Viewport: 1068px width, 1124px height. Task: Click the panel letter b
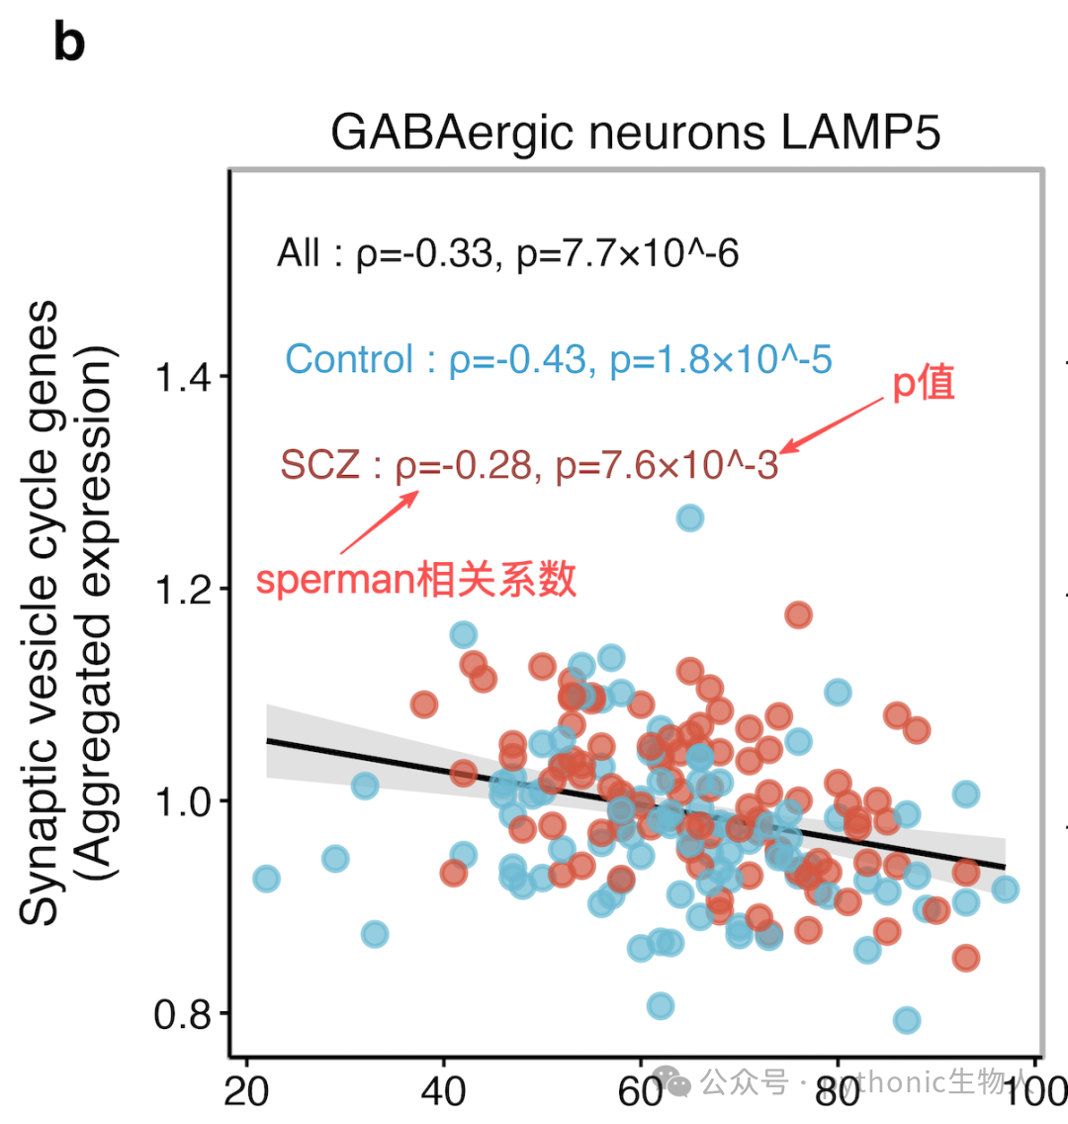coord(69,43)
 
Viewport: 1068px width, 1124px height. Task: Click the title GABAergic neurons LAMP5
coord(635,133)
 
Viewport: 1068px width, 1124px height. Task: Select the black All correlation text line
coord(508,253)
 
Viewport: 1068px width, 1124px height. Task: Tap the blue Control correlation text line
coord(559,359)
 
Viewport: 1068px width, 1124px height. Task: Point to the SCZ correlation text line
coord(529,465)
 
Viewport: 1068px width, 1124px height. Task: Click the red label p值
coord(924,384)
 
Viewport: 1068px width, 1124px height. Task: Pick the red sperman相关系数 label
coord(416,579)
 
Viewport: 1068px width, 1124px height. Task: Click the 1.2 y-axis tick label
coord(183,590)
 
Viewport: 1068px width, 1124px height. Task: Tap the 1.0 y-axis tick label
coord(183,801)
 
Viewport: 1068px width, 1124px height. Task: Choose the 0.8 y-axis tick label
coord(183,1014)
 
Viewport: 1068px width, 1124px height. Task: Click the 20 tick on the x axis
coord(246,1092)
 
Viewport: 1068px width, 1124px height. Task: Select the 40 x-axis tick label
coord(443,1092)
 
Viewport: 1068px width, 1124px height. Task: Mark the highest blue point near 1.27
coord(690,517)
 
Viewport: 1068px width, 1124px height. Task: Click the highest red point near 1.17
coord(798,614)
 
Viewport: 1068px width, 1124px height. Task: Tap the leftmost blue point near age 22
coord(266,879)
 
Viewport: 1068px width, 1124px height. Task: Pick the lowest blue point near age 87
coord(907,1019)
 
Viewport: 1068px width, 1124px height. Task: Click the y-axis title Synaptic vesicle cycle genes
coord(39,612)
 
